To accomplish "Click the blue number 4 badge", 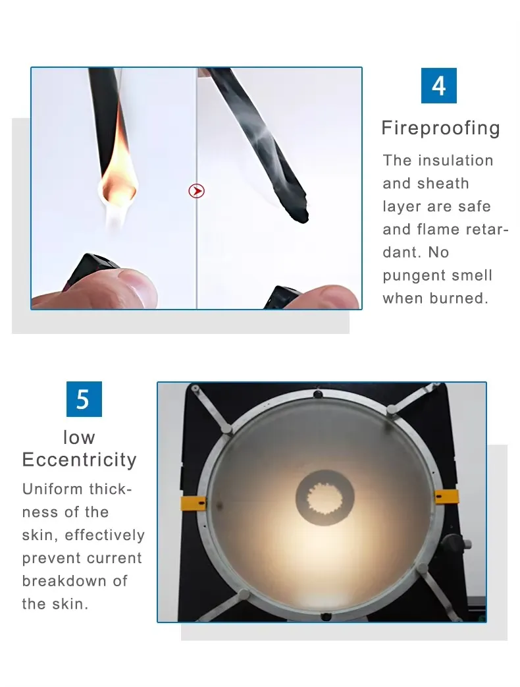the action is [438, 86].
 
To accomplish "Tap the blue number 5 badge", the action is [84, 399].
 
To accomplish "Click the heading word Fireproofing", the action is [440, 128].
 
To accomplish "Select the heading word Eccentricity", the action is [79, 460].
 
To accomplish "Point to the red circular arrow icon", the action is [197, 191].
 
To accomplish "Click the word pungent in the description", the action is [411, 276].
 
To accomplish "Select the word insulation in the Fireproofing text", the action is [455, 160].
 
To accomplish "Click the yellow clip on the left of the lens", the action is [193, 504].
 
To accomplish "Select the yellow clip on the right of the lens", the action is [446, 497].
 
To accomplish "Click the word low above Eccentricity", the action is [79, 437].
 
